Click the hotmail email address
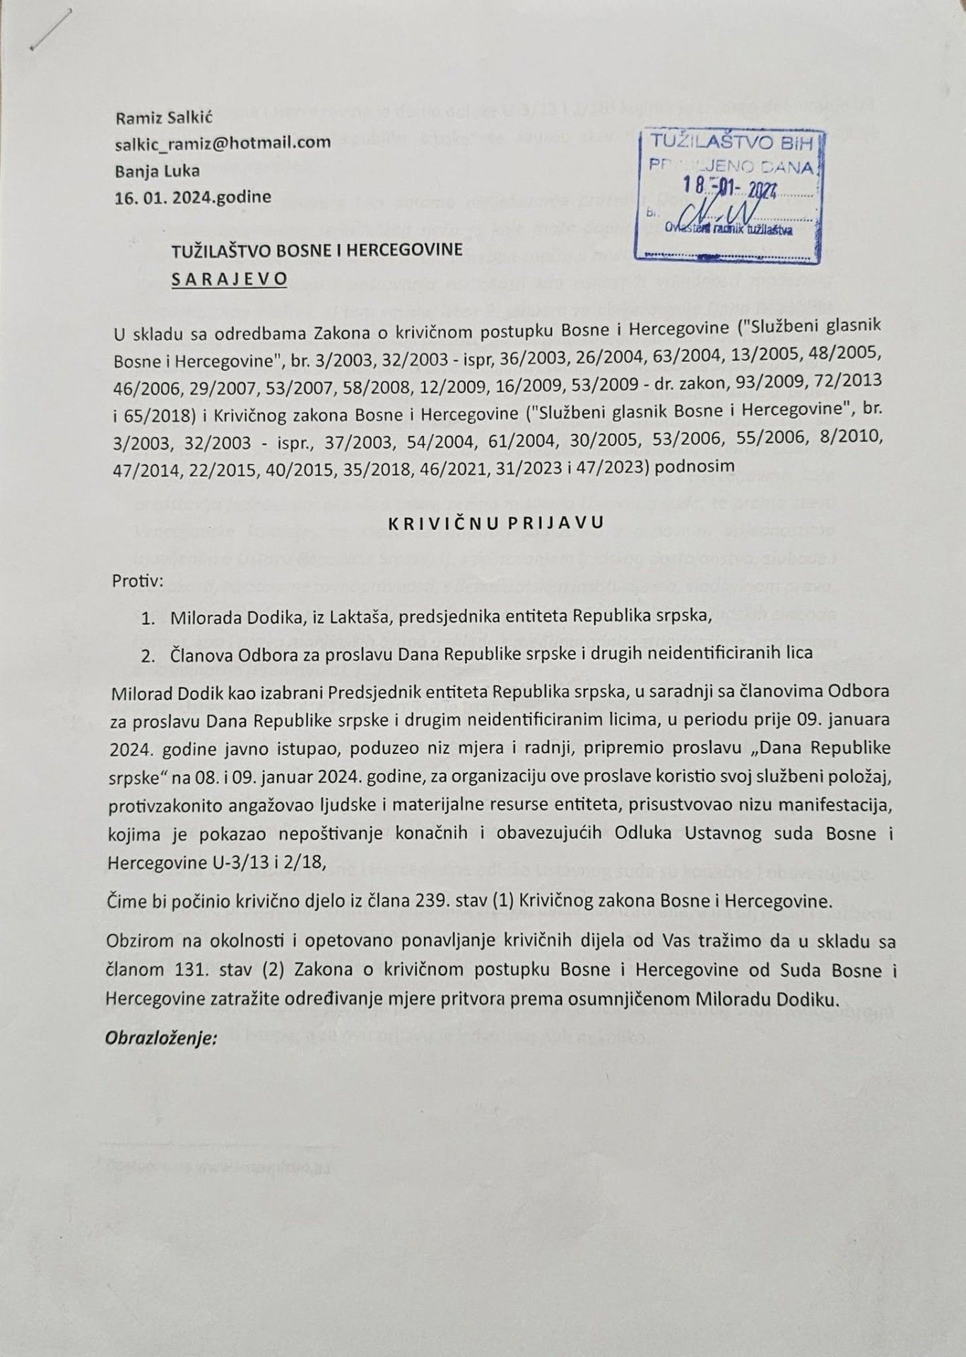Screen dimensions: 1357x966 (223, 143)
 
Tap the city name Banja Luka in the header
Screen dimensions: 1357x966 (157, 170)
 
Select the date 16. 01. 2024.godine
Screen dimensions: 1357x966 (193, 196)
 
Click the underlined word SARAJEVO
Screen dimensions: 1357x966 (230, 278)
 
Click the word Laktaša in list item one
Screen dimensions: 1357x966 (360, 618)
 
